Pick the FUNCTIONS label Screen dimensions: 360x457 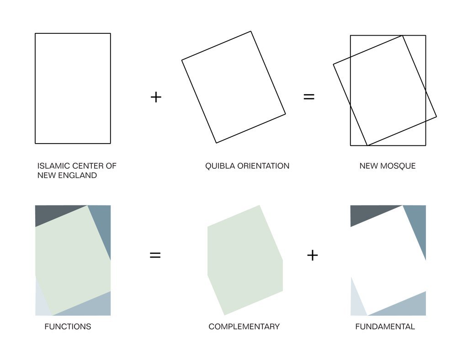pos(68,327)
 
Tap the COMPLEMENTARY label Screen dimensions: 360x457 pos(244,327)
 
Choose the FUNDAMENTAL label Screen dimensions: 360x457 pos(385,327)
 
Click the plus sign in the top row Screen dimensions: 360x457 pos(156,97)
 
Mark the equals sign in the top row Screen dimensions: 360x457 pos(309,97)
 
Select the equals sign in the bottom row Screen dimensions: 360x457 pos(155,255)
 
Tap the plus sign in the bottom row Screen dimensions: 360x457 pos(312,255)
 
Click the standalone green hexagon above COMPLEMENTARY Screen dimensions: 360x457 pos(245,260)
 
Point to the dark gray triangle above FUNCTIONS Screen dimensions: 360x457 pos(53,214)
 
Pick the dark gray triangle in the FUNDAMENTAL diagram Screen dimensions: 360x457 pos(368,214)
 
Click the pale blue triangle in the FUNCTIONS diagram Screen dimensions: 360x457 pos(41,302)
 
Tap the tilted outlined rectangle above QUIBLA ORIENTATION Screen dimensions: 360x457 pos(234,87)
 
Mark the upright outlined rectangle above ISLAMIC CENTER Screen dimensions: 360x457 pos(73,88)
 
